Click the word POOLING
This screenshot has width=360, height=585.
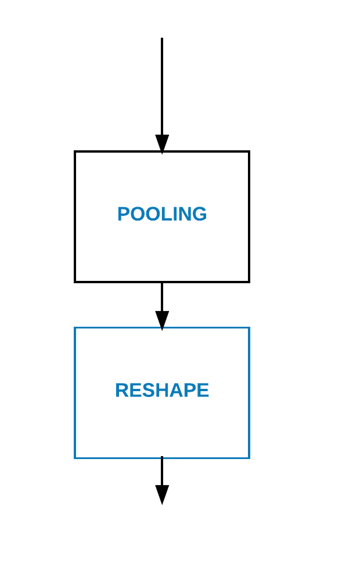[162, 214]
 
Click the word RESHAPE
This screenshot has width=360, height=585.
[162, 391]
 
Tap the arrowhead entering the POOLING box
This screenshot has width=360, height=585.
[162, 143]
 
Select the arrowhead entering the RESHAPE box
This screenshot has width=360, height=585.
[162, 320]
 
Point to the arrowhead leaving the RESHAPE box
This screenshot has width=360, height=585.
[162, 494]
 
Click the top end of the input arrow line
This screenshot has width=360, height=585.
[162, 39]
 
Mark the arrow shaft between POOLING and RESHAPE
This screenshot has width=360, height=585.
[162, 296]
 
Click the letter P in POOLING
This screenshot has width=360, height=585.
[123, 214]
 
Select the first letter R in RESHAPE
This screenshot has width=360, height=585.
[121, 391]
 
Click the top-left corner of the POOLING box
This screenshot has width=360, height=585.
[75, 152]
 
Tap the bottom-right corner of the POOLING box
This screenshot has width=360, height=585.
[249, 282]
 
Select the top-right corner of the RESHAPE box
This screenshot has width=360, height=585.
[249, 328]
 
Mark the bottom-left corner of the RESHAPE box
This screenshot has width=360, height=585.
[75, 458]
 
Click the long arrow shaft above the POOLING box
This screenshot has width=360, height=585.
[162, 87]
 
